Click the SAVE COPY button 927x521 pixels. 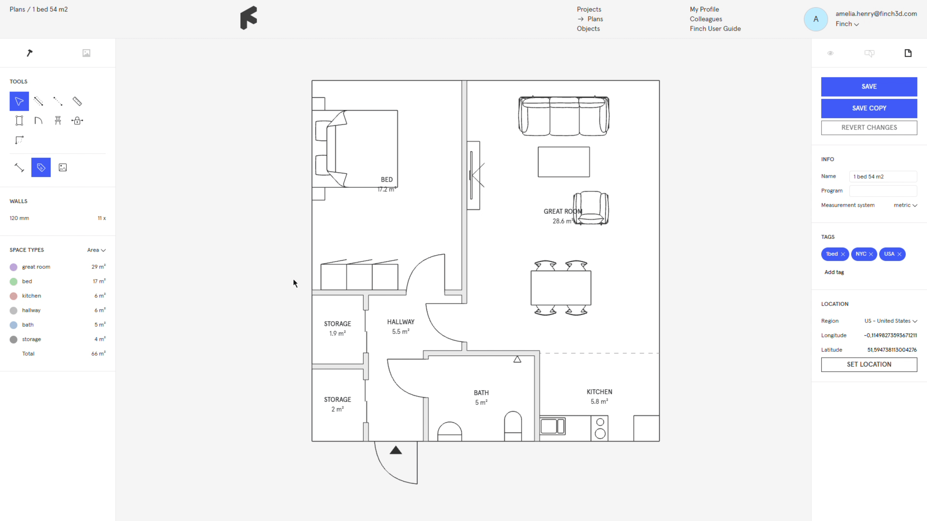coord(869,108)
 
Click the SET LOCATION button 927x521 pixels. coord(869,364)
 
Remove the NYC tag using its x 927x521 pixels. coord(871,254)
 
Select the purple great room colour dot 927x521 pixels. coord(13,267)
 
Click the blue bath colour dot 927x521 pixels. coord(13,325)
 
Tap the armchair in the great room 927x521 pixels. coord(591,208)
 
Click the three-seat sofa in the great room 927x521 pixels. coord(564,116)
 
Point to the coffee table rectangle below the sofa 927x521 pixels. coord(564,162)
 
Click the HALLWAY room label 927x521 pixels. coord(400,322)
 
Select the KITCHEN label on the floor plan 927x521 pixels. coord(599,392)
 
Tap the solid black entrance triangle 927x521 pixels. coord(396,450)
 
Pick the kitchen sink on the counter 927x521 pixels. coord(552,426)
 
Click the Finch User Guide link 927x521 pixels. coord(715,29)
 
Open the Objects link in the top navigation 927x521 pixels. coord(588,29)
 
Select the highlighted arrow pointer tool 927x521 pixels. coord(19,101)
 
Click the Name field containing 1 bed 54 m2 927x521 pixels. coord(883,177)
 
